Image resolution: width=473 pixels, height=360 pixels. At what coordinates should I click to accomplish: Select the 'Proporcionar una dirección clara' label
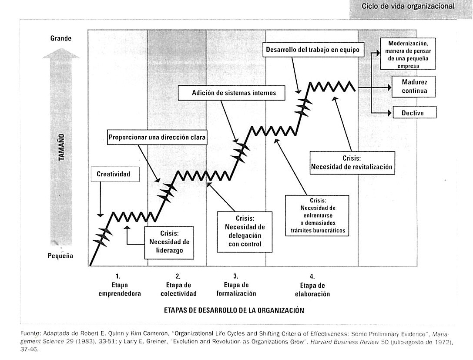(158, 137)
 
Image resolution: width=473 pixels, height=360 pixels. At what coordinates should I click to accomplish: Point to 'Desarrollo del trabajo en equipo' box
(313, 50)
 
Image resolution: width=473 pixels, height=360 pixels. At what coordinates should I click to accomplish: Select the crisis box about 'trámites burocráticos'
(317, 215)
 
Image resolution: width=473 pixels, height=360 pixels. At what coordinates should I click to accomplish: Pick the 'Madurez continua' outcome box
(414, 87)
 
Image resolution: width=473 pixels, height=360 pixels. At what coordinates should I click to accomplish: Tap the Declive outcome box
(414, 113)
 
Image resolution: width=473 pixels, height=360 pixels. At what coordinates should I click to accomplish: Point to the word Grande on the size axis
(61, 38)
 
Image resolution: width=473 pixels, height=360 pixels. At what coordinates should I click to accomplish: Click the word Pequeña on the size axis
(60, 256)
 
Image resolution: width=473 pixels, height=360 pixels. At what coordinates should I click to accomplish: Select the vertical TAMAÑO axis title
(62, 147)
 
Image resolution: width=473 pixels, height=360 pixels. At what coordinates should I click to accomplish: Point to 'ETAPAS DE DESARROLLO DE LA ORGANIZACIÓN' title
(233, 311)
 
